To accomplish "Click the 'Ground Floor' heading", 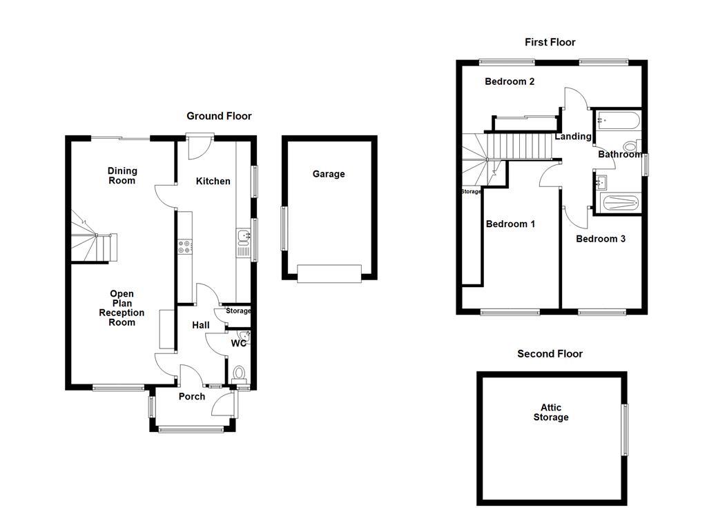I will [x=219, y=116].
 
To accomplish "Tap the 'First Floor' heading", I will [x=550, y=42].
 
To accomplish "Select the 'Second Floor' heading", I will [x=550, y=353].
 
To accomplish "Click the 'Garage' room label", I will [x=329, y=174].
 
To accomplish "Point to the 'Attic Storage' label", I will [x=551, y=412].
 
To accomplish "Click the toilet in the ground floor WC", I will [x=240, y=374].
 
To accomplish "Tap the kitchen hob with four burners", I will [x=184, y=246].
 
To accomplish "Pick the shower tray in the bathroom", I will [x=619, y=203].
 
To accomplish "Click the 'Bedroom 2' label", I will [x=510, y=81].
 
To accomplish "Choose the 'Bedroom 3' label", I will [x=601, y=239].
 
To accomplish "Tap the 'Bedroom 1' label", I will [x=510, y=224].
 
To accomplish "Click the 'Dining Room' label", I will [x=122, y=175].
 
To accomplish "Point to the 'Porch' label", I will [x=192, y=396].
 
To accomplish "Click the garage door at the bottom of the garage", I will [x=329, y=273].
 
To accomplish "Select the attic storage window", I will [x=626, y=429].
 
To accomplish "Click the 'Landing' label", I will [x=573, y=136].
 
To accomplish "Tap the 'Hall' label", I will [x=200, y=325].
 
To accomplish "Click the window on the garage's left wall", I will [x=283, y=228].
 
